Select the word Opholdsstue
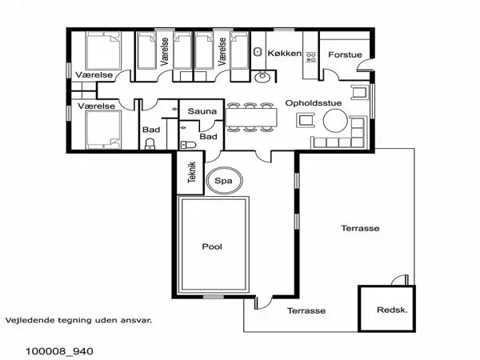(312, 102)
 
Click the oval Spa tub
(224, 181)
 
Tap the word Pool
(211, 246)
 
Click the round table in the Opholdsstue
(335, 121)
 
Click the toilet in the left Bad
(150, 145)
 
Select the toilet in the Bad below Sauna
(187, 145)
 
